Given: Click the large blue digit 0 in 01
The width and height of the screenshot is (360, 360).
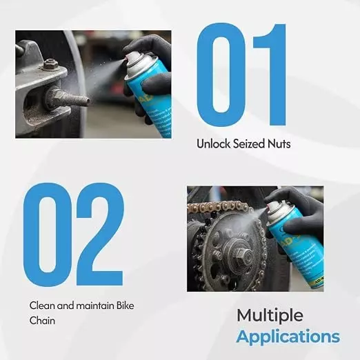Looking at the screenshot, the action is pos(221,74).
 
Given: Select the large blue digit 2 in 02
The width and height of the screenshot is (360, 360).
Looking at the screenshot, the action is pos(99,234).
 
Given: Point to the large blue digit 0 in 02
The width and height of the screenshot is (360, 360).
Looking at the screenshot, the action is pos(48,234).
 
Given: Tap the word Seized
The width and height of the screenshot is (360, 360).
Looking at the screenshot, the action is pos(249,144).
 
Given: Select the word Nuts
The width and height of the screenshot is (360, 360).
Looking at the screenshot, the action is pos(279,144).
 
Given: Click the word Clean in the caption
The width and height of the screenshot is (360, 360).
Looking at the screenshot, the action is pos(42,306).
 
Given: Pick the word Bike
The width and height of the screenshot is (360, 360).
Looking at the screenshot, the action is pos(125,306).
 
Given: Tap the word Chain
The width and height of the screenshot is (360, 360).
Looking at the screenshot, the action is pos(42,320).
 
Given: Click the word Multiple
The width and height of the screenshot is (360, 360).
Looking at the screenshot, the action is pos(270,316).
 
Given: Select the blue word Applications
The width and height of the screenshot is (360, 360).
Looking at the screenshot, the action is pos(288,337).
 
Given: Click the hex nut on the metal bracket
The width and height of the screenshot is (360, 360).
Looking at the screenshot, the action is pos(50,64).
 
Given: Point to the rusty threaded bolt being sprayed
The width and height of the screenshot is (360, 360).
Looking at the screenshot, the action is pos(68,99).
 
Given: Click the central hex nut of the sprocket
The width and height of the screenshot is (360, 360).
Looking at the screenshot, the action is pos(241,255).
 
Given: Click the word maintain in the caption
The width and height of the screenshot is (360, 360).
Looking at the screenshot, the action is pos(94,306).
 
